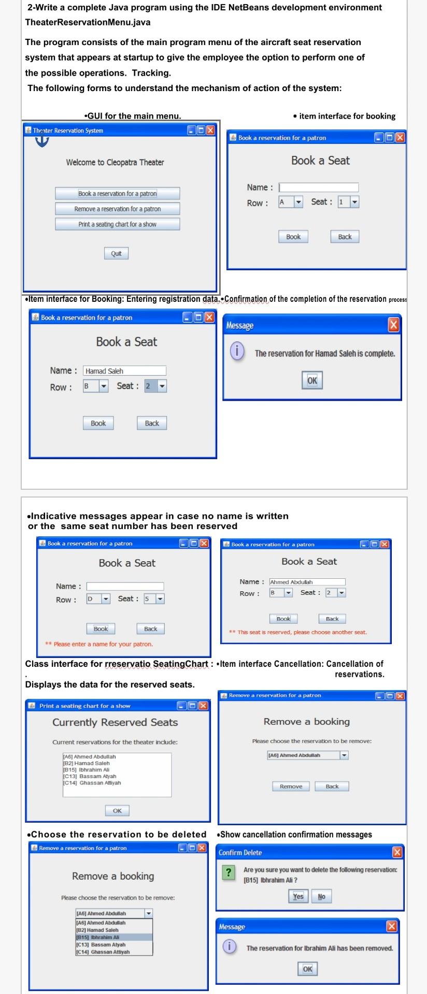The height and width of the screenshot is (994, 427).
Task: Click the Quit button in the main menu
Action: [116, 253]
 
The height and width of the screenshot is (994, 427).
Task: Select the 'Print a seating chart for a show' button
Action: [118, 224]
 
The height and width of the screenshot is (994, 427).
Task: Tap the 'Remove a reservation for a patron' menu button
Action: [118, 209]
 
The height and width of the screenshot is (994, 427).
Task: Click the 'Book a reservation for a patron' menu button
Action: [118, 194]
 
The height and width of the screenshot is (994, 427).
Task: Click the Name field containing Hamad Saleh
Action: [124, 371]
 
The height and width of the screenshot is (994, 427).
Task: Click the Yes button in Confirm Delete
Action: [298, 896]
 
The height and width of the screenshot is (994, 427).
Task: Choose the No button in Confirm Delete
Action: [321, 896]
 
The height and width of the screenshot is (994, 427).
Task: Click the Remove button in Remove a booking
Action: [291, 786]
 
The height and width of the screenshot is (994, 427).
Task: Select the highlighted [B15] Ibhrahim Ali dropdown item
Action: [114, 937]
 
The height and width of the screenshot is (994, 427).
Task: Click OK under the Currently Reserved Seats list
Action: [117, 810]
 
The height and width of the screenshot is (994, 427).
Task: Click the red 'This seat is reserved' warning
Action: [298, 632]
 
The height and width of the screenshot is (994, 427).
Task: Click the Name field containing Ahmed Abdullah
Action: [307, 582]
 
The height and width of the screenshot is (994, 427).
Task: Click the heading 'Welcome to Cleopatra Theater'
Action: [115, 163]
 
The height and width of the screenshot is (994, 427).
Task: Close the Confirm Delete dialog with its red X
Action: [397, 852]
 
